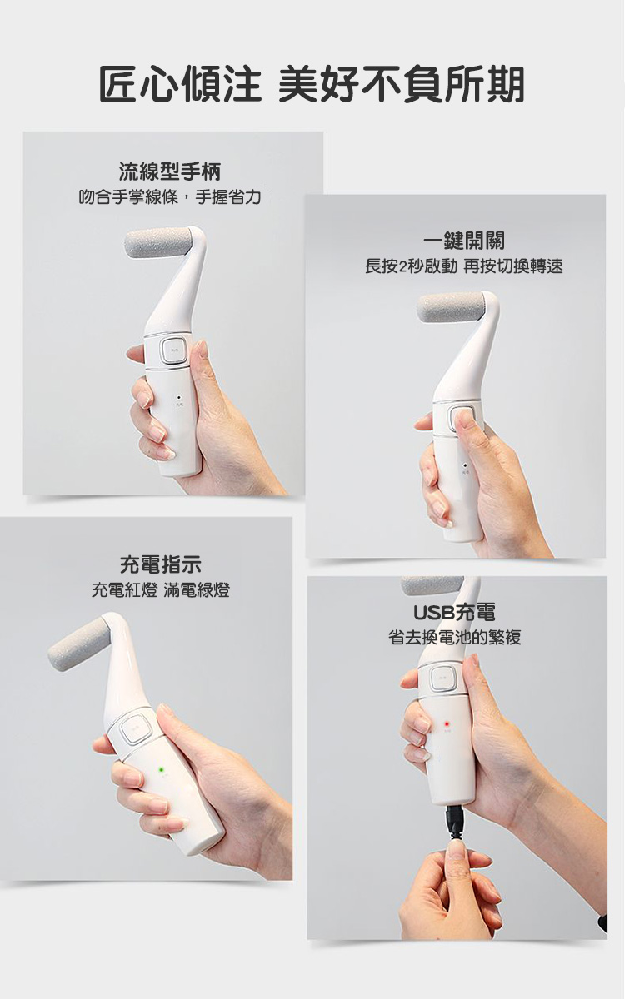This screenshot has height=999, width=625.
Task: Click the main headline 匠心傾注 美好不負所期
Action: [312, 86]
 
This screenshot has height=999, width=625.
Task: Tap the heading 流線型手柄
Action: [170, 172]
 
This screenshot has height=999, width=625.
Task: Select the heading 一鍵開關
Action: [464, 241]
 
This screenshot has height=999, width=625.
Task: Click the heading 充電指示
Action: [161, 564]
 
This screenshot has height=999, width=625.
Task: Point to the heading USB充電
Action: [454, 614]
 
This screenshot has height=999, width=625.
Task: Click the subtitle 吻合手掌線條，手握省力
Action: [170, 197]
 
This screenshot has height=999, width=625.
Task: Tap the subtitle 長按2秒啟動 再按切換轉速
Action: [464, 266]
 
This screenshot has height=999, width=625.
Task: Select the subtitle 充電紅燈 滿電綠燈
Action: [161, 590]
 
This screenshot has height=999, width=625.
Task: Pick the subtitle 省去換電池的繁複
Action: [455, 638]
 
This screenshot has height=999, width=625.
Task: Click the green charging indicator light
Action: [162, 769]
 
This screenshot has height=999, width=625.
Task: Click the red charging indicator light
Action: [447, 724]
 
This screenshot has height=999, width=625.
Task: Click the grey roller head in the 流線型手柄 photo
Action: [157, 242]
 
